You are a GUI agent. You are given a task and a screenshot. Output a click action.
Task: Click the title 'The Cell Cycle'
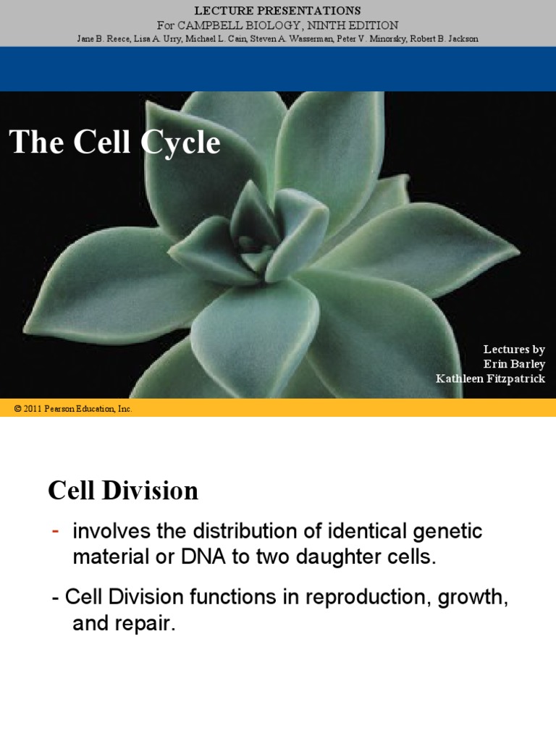point(114,143)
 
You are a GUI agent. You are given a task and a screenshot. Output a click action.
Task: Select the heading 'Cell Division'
point(123,491)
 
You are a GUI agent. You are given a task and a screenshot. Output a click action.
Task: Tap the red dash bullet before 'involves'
point(56,532)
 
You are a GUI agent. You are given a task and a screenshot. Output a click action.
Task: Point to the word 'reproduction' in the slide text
point(321,597)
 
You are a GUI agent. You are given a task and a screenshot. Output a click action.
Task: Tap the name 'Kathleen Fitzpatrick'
point(490,378)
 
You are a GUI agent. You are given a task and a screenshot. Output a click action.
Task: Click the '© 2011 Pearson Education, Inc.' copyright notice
point(73,409)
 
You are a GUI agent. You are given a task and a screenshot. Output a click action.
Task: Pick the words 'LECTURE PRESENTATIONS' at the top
point(278,11)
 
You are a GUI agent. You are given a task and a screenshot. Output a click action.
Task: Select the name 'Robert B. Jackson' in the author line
point(443,38)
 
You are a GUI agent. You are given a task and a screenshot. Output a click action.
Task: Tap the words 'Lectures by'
point(514,350)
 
